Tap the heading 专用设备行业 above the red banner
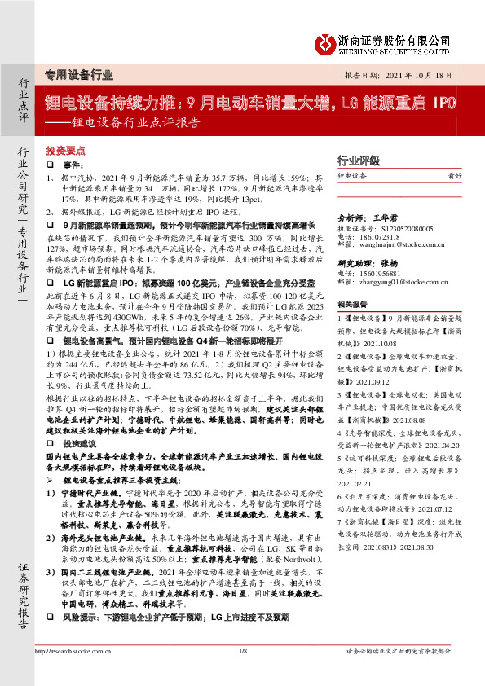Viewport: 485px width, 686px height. click(79, 74)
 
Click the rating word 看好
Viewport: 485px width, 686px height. click(455, 177)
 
